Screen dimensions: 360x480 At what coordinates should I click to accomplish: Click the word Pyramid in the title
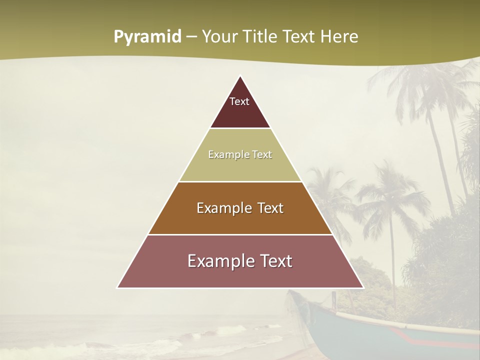point(147,37)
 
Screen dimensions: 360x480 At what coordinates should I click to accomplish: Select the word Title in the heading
point(261,36)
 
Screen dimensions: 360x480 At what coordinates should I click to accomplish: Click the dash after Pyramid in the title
point(191,37)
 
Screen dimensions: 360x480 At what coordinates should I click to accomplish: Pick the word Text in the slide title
point(300,36)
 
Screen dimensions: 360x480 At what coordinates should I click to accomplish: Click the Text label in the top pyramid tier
point(239,102)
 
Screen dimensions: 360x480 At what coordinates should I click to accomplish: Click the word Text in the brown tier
point(270,208)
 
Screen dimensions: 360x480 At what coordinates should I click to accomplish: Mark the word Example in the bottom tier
point(218,261)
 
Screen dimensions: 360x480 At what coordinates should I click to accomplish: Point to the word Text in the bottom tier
point(274,261)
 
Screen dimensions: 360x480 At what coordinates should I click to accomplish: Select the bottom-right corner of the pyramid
point(363,287)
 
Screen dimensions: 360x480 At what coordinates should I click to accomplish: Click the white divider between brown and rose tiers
point(240,234)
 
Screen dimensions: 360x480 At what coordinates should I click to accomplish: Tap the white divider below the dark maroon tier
point(240,128)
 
